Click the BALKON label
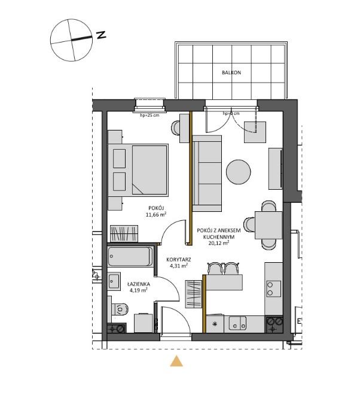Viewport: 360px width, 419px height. tap(231, 72)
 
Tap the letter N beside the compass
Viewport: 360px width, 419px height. tap(101, 35)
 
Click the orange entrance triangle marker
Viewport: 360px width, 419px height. tap(176, 361)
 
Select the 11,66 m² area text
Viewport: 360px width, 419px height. tap(156, 214)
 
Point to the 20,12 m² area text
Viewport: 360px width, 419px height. tap(219, 243)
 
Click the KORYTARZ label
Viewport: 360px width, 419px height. tap(179, 259)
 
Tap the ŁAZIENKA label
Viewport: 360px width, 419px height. tap(139, 284)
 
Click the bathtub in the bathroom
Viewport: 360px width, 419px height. tap(130, 257)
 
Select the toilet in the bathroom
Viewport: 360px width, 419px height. tap(120, 309)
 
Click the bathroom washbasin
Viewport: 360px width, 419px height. tap(114, 281)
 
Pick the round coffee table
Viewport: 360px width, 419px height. tap(238, 172)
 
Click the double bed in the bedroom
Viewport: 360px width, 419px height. tap(138, 170)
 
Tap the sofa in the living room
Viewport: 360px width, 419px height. tap(207, 174)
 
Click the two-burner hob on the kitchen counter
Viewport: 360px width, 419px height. tap(274, 289)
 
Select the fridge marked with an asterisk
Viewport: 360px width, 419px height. tap(215, 324)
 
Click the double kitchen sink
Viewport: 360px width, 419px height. tap(237, 323)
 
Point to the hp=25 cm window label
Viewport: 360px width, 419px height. tap(150, 116)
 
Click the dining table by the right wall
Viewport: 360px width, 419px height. tap(269, 225)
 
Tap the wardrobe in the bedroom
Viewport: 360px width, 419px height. tap(124, 233)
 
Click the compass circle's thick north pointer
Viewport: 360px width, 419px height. tap(81, 38)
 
